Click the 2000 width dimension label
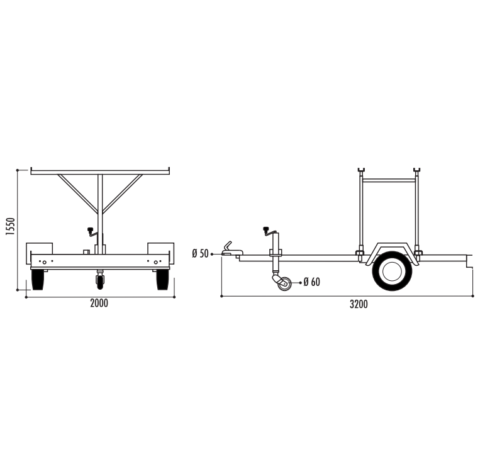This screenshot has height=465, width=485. click(99, 304)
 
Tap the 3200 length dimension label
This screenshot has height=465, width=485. click(359, 304)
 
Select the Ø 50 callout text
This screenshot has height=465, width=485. click(201, 254)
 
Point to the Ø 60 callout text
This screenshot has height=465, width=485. click(312, 282)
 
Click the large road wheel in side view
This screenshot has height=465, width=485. click(392, 271)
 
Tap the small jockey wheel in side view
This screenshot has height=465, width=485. click(284, 284)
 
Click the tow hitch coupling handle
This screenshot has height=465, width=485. click(228, 246)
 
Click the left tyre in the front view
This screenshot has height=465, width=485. click(38, 280)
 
